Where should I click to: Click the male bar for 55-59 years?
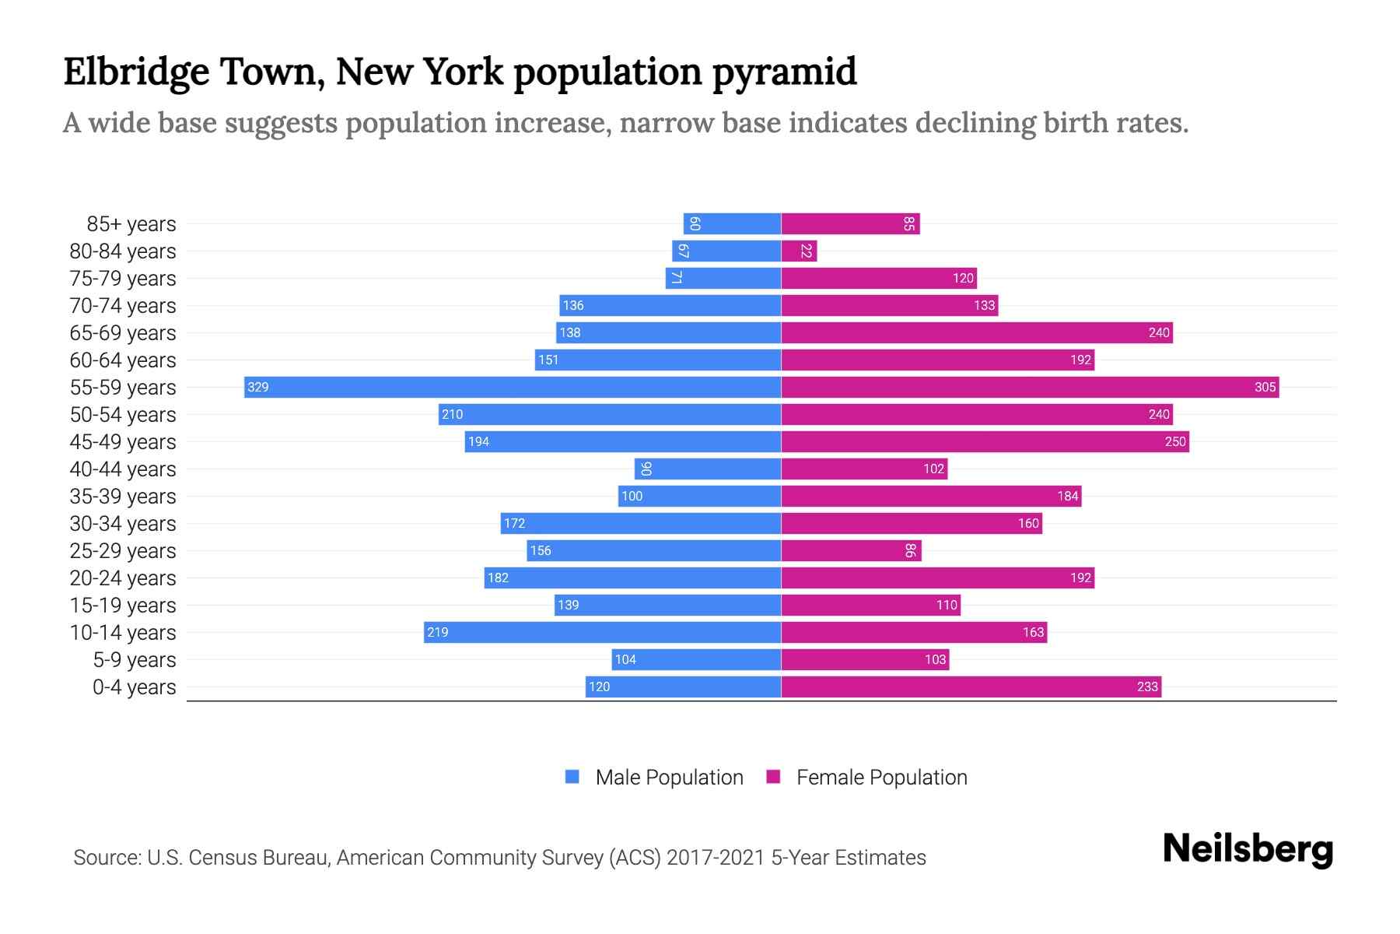point(512,387)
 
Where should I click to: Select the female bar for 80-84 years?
point(799,251)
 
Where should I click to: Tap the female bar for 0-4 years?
point(971,686)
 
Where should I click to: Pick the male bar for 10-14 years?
point(602,632)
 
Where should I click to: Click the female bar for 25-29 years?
point(851,550)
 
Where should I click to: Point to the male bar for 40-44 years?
point(708,469)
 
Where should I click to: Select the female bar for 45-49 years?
point(985,441)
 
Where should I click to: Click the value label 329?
point(257,387)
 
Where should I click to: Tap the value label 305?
point(1265,387)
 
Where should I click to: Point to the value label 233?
point(1147,686)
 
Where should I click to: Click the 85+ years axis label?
point(131,224)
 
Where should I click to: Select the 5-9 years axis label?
point(135,660)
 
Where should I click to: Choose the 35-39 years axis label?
point(123,497)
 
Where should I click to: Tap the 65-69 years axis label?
point(123,333)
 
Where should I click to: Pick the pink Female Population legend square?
point(773,777)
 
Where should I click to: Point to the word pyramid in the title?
point(784,72)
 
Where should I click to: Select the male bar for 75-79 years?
point(723,278)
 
